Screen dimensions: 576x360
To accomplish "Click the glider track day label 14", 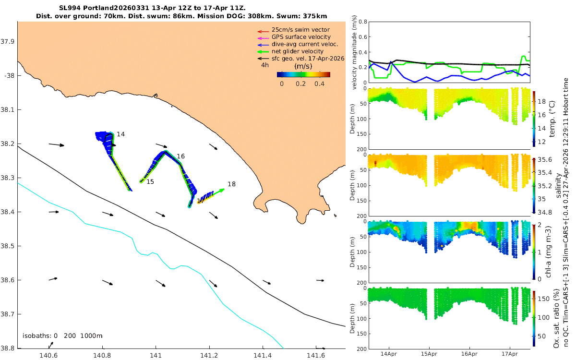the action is coord(120,134).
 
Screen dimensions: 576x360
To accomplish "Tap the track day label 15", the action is coord(150,182).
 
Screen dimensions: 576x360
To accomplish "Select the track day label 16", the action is coord(180,156).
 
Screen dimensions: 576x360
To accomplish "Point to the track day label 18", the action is coord(231,184).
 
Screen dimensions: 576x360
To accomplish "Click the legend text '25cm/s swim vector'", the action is coord(300,30).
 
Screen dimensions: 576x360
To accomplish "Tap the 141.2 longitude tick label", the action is coord(209,355).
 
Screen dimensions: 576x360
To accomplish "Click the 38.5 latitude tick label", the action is coord(8,246).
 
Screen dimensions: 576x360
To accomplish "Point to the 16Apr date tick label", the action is coord(469,354).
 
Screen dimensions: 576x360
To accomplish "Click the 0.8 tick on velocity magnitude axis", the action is coord(363,22).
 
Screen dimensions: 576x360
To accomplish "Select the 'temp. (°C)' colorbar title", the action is coord(552,119).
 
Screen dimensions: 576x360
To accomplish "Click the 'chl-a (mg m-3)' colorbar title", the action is coord(548,252).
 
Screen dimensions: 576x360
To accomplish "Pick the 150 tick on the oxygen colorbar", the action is coord(543,299).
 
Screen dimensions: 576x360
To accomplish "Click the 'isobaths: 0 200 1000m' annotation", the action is coord(62,336).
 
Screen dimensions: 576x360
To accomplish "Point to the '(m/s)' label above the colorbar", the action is coord(303,66).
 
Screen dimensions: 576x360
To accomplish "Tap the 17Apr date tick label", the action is coord(509,354).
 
